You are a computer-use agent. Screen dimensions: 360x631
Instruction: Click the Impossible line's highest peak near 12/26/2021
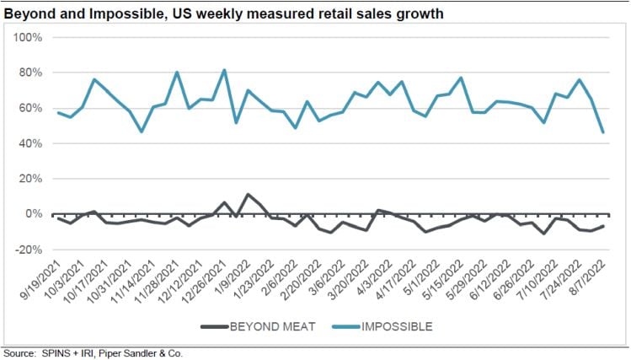point(224,70)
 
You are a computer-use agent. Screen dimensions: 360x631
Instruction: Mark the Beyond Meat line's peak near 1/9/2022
point(248,195)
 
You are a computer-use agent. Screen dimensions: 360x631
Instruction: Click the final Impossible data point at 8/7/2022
point(603,132)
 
